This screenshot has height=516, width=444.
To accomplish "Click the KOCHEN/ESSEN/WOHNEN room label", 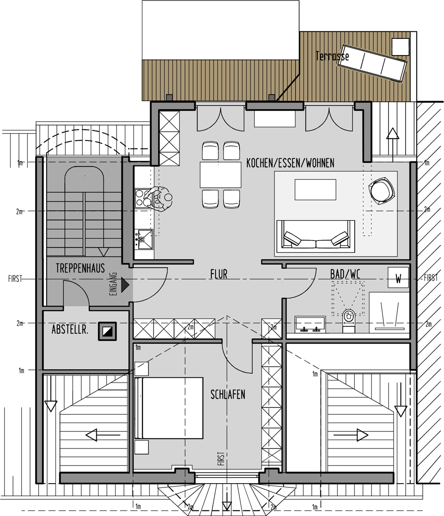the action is [x=290, y=163].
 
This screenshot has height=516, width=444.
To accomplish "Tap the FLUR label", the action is [x=219, y=274].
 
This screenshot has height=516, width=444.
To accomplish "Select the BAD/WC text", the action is [x=345, y=274].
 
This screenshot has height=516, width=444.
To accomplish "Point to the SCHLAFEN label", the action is [x=228, y=394].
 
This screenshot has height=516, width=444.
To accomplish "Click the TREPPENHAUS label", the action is [x=80, y=268].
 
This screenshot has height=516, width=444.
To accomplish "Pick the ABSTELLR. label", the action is [x=70, y=329].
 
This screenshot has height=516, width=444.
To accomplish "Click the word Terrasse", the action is [x=332, y=56].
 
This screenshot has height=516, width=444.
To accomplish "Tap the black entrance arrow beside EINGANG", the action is [x=125, y=285].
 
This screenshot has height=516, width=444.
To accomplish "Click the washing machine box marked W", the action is [x=398, y=278].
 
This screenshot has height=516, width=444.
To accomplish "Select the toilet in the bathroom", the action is [x=349, y=320].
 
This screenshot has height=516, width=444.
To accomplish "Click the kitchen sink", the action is [x=144, y=239].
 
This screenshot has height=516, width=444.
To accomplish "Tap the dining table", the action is [x=221, y=175].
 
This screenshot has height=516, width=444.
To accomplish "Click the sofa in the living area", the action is [x=315, y=236].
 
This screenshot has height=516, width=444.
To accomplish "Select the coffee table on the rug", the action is [x=315, y=190].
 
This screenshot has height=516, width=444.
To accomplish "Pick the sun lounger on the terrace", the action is [x=373, y=62].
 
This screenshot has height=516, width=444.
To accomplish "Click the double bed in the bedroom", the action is [x=169, y=408].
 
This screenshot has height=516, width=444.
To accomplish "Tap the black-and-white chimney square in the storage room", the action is [x=107, y=331].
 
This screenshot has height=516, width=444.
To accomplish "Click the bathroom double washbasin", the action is [x=310, y=325].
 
